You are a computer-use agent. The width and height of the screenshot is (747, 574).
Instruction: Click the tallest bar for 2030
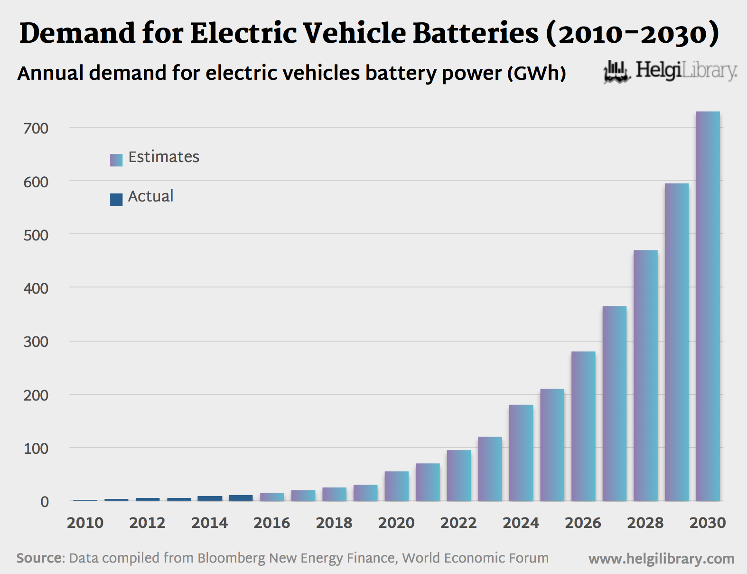708,306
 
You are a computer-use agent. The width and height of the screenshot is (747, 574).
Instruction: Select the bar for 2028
645,375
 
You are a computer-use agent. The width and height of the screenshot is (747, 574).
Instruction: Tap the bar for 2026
583,426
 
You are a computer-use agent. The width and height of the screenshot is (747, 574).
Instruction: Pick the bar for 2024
521,452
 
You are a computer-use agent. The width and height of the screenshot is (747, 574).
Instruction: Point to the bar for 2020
396,486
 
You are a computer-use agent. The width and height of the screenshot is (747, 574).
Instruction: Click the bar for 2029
676,342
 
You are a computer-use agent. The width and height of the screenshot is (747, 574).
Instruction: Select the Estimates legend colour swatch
116,160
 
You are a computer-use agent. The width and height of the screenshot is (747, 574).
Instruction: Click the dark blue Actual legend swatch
116,200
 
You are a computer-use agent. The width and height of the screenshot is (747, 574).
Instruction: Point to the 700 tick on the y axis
36,128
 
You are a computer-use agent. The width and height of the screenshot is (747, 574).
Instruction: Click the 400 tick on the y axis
36,288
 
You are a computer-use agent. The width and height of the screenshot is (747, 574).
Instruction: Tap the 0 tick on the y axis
44,502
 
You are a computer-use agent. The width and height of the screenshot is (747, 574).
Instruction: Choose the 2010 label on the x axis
85,523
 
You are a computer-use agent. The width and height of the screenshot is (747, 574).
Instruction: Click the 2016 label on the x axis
271,523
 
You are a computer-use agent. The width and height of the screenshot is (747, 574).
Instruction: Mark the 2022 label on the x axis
458,523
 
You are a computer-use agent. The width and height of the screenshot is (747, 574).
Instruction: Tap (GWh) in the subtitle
536,73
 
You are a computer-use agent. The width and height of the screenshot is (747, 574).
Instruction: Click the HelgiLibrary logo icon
616,72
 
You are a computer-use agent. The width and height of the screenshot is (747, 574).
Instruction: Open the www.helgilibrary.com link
661,559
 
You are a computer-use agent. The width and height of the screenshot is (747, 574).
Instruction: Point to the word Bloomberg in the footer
231,558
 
